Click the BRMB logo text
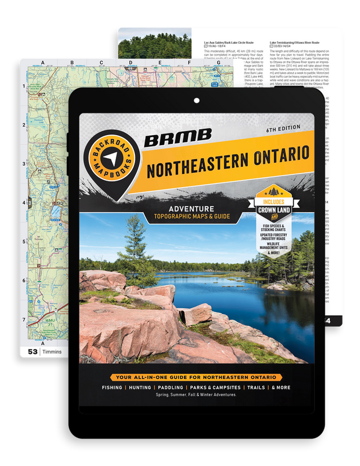(178, 137)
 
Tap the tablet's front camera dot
(196, 101)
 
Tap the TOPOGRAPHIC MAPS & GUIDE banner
(190, 217)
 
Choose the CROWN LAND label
(278, 210)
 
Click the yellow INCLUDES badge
(278, 201)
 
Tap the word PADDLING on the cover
(170, 388)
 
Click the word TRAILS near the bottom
(254, 388)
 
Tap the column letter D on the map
(130, 62)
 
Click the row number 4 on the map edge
(24, 203)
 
